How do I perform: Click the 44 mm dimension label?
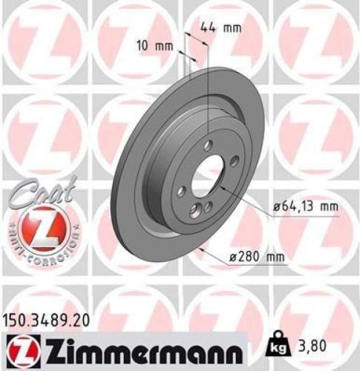[222, 28]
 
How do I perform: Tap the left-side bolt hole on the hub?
[180, 192]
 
